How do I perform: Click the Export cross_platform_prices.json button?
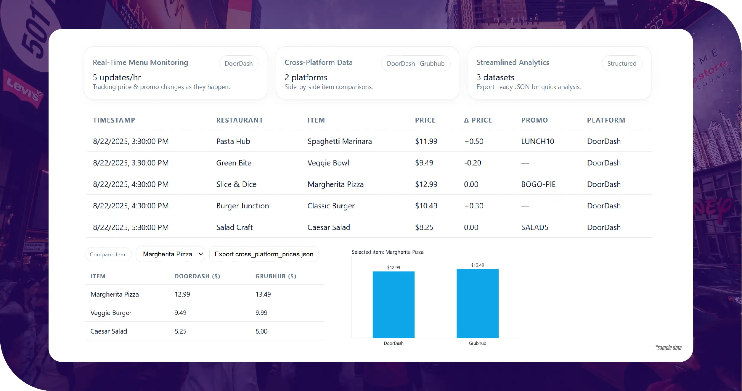click(264, 254)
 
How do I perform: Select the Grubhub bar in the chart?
click(477, 303)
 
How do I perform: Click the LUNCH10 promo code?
click(537, 141)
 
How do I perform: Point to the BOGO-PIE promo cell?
click(538, 184)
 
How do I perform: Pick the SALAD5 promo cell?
click(534, 227)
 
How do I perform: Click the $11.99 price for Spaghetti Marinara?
click(426, 141)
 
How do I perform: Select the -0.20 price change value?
click(473, 163)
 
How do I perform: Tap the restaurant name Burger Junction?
click(242, 206)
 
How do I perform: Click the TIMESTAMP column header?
click(114, 120)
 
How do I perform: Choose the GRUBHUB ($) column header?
click(276, 276)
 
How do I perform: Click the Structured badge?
click(621, 63)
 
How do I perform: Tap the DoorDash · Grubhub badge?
click(415, 63)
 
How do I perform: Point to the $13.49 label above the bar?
click(477, 265)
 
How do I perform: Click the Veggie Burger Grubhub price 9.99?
click(261, 313)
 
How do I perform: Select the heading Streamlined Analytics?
click(513, 62)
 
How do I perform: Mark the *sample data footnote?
click(668, 347)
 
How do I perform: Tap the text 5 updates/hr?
click(117, 77)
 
